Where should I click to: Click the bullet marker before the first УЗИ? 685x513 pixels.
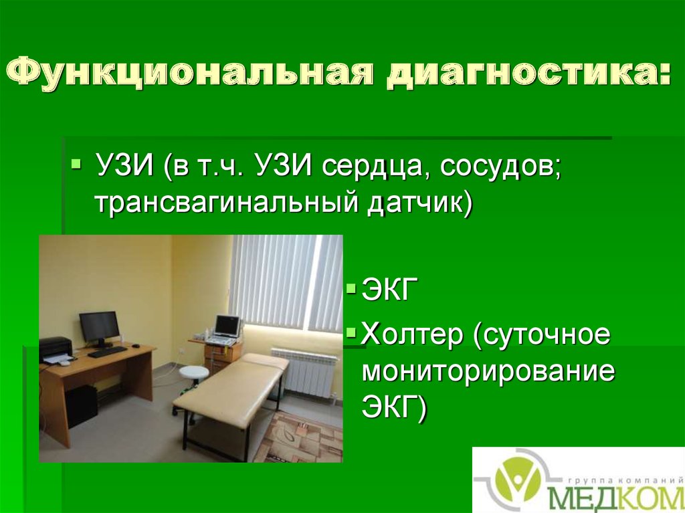pos(76,163)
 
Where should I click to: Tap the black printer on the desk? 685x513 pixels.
pos(56,348)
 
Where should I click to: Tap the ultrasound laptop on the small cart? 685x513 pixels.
pos(226,328)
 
